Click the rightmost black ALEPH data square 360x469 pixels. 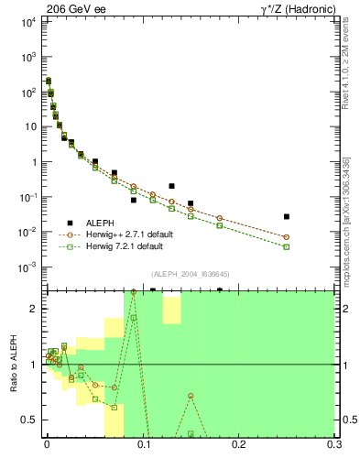287,217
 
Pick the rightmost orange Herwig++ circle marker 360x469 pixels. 287,237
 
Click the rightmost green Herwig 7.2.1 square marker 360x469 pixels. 287,246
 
